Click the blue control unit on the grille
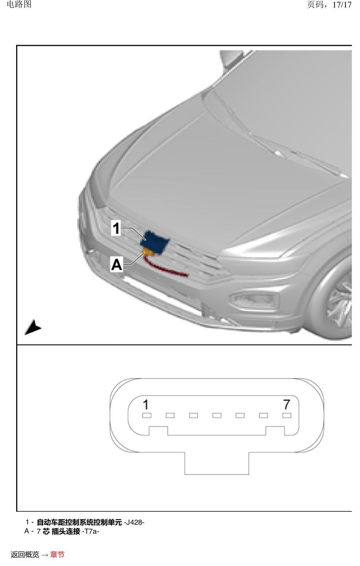tap(154, 242)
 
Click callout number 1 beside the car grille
tap(116, 228)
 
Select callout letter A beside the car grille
tap(116, 265)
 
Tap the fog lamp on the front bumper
tap(254, 300)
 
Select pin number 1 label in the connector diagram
tap(146, 404)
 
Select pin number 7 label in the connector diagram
tap(286, 404)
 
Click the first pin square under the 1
tap(147, 415)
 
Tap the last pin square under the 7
tap(287, 415)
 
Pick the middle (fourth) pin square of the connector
tap(217, 415)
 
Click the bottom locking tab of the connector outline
tap(217, 463)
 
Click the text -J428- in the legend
tap(134, 522)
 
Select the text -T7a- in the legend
tap(90, 531)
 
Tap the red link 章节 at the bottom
tap(57, 554)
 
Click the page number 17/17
tap(342, 5)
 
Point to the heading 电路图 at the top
tap(19, 4)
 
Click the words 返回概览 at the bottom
tap(25, 554)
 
